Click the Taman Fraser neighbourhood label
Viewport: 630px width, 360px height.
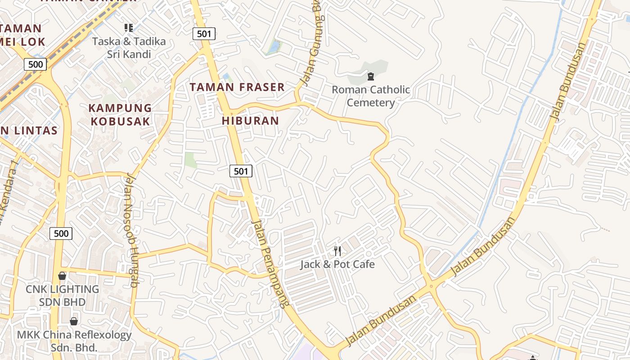coord(237,87)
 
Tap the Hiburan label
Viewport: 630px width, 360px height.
coord(250,121)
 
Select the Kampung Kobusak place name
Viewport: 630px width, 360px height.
coord(120,115)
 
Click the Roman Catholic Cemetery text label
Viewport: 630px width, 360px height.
coord(371,96)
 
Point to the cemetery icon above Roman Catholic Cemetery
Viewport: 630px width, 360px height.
coord(371,76)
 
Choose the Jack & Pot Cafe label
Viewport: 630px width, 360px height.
coord(337,264)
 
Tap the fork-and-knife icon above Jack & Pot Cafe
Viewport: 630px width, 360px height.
coord(337,251)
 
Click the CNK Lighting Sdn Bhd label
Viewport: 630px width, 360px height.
coord(62,295)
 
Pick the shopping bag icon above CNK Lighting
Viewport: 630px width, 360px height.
coord(62,276)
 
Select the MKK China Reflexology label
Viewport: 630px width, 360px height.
coord(74,341)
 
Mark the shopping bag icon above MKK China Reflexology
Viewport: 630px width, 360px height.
coord(74,321)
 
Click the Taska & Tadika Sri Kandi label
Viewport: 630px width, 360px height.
coord(129,48)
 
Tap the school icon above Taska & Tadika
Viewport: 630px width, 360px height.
coord(129,28)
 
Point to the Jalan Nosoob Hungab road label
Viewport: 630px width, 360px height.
coord(130,230)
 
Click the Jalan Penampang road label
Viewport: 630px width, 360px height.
coord(270,263)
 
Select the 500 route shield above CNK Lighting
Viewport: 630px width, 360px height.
coord(61,233)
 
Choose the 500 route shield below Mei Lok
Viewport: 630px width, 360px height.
coord(35,64)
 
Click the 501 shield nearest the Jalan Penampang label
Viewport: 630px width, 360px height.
coord(241,171)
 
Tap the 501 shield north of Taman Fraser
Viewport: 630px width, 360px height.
coord(204,33)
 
